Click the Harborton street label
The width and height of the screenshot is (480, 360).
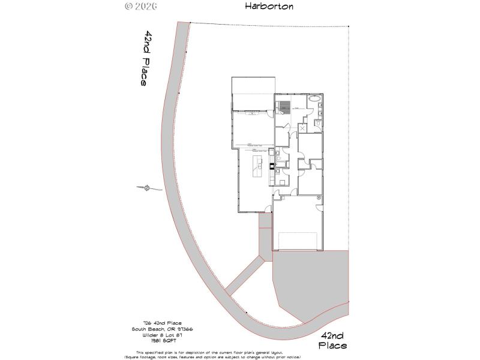(x=269, y=7)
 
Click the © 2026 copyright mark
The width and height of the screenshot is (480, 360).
(x=140, y=7)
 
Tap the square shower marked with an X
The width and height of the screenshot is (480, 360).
(x=303, y=127)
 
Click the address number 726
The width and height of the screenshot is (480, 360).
(x=140, y=323)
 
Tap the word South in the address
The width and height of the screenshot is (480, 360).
(x=140, y=329)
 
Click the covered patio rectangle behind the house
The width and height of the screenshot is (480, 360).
(x=253, y=94)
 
